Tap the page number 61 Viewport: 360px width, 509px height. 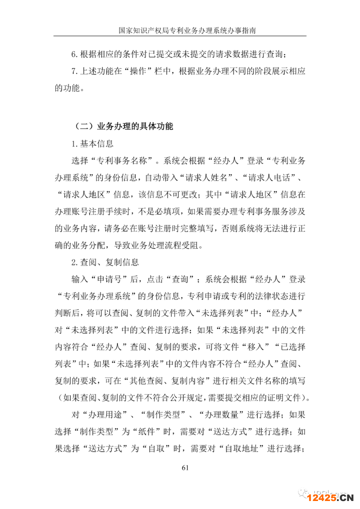pos(184,468)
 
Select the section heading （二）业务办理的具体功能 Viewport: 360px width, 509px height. pos(123,126)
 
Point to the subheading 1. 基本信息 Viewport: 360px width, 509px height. pos(92,144)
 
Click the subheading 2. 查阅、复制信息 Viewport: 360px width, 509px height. pos(105,262)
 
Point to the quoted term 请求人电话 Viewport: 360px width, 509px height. pos(275,178)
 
